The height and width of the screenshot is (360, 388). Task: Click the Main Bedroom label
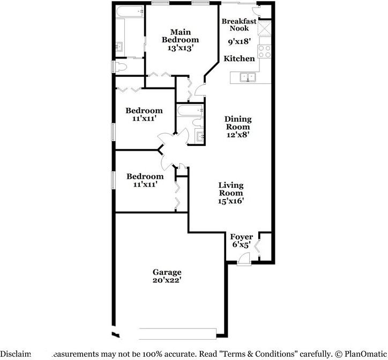pos(181,36)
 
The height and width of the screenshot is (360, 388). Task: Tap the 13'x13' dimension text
pos(181,48)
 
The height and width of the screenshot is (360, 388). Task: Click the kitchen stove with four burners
pos(265,51)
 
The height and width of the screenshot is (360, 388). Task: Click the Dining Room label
pos(238,123)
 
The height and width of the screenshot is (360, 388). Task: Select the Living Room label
pos(231,189)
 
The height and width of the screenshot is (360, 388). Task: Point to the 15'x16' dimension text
pos(231,201)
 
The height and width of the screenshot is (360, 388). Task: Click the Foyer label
pos(241,237)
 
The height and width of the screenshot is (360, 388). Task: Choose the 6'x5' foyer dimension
pos(241,245)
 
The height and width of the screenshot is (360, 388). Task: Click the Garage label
pos(167,272)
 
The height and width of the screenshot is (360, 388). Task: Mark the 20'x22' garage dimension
pos(167,280)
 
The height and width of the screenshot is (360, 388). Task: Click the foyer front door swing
pos(244,259)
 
